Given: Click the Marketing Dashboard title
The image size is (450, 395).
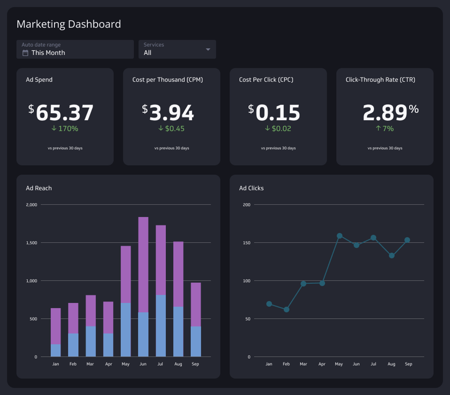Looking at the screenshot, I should [x=69, y=24].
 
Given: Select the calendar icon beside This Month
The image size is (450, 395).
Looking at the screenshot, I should [x=25, y=53].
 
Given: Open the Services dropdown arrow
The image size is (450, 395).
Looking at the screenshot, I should [x=208, y=49].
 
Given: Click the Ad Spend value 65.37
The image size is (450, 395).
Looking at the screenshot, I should [x=64, y=113].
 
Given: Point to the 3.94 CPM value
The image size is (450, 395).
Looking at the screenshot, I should [x=171, y=113].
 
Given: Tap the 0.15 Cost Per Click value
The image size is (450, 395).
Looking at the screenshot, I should [x=278, y=113].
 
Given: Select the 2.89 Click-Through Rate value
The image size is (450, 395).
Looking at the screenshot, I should [x=385, y=113].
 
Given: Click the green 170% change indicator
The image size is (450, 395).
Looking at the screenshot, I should [x=65, y=128].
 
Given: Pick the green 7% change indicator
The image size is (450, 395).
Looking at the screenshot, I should [x=385, y=128].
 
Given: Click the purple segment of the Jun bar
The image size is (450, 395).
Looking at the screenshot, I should [x=143, y=264].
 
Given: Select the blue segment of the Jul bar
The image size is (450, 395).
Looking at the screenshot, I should [x=161, y=326].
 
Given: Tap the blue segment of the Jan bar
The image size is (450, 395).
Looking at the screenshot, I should [x=56, y=350].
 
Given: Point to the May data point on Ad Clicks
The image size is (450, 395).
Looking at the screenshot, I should [x=340, y=236].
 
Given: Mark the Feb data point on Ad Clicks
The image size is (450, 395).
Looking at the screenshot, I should [x=286, y=309].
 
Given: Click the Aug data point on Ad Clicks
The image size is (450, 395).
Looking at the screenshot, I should [x=391, y=256].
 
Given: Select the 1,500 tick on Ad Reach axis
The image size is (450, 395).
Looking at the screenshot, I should [x=31, y=243].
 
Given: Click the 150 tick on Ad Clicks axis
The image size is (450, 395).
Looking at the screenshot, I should [x=247, y=243].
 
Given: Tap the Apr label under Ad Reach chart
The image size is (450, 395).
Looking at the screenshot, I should [x=109, y=364].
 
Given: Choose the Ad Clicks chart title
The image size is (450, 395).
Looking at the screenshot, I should [x=251, y=188].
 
